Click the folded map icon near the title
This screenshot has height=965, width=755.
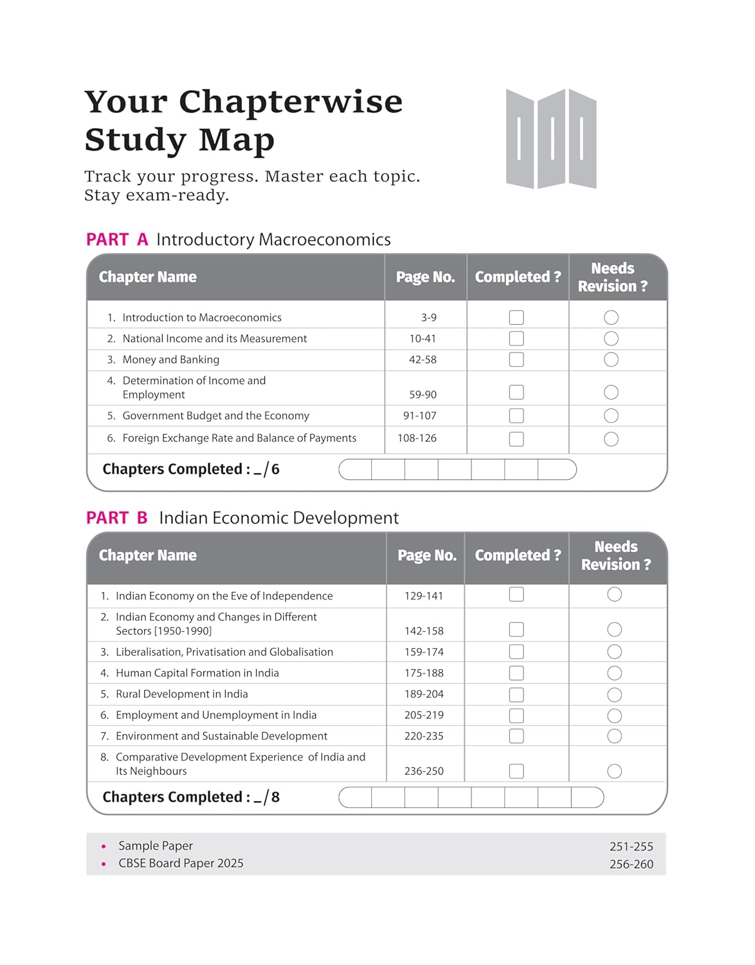[551, 139]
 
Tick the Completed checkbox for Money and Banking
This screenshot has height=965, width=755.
[516, 360]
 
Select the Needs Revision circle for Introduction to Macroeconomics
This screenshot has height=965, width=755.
[611, 318]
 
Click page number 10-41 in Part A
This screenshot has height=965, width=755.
[423, 338]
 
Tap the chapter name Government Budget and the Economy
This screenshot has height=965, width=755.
[215, 416]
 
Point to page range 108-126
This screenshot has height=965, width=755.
[417, 438]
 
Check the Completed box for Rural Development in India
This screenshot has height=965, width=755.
[516, 695]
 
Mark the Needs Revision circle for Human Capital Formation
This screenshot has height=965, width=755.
[614, 673]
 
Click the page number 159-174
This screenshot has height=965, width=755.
[424, 652]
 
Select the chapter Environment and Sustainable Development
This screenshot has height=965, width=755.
[221, 736]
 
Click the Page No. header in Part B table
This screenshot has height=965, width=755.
[427, 556]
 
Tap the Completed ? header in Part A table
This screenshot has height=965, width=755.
[518, 277]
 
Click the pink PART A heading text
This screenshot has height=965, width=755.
[117, 240]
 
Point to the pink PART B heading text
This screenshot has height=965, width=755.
[117, 518]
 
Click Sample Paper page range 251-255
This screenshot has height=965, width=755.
[631, 847]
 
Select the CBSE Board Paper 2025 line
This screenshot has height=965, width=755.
[181, 863]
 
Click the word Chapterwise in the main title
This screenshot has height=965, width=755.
[290, 102]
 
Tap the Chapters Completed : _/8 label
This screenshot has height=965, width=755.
[191, 797]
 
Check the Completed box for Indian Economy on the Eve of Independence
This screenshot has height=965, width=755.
[516, 594]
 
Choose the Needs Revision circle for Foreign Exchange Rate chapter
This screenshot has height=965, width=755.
[611, 439]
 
